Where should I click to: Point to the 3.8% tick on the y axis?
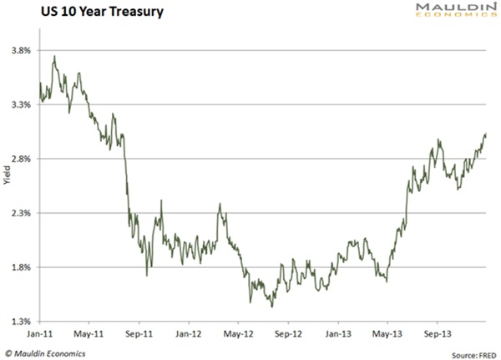[21, 50]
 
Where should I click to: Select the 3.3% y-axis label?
[21, 104]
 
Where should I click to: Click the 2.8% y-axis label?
[21, 159]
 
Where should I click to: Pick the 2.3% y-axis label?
[21, 213]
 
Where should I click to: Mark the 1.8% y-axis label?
[21, 267]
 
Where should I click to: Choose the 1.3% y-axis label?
[21, 322]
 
